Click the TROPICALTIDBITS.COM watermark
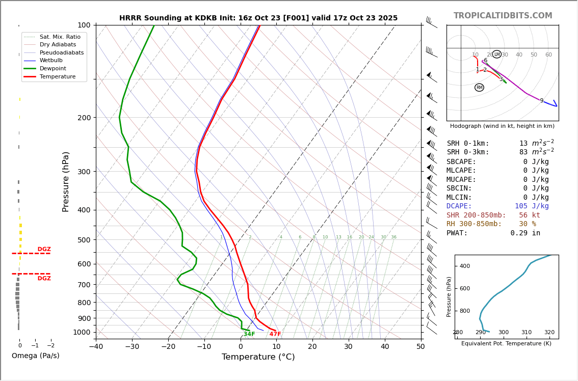point(503,16)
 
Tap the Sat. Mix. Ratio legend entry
point(60,37)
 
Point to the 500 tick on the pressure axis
point(84,240)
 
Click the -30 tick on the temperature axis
point(132,347)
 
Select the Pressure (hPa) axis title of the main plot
point(66,181)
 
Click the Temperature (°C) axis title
point(258,357)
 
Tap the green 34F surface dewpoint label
point(249,334)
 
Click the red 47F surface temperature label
point(275,334)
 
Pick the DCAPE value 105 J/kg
point(532,206)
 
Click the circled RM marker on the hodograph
point(479,88)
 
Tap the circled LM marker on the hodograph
point(497,55)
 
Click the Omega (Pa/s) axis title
point(36,356)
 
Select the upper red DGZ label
point(44,250)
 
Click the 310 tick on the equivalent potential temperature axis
point(526,332)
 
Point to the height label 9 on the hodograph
point(542,101)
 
